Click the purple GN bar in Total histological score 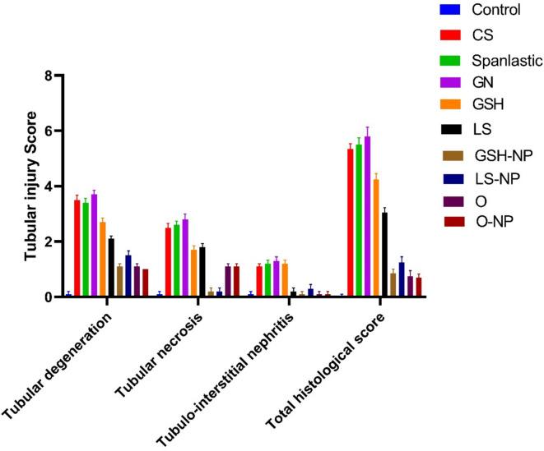click(x=367, y=217)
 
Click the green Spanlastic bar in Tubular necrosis click(x=176, y=260)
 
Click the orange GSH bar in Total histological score click(x=376, y=238)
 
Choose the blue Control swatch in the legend click(x=450, y=10)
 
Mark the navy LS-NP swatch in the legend click(x=450, y=177)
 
